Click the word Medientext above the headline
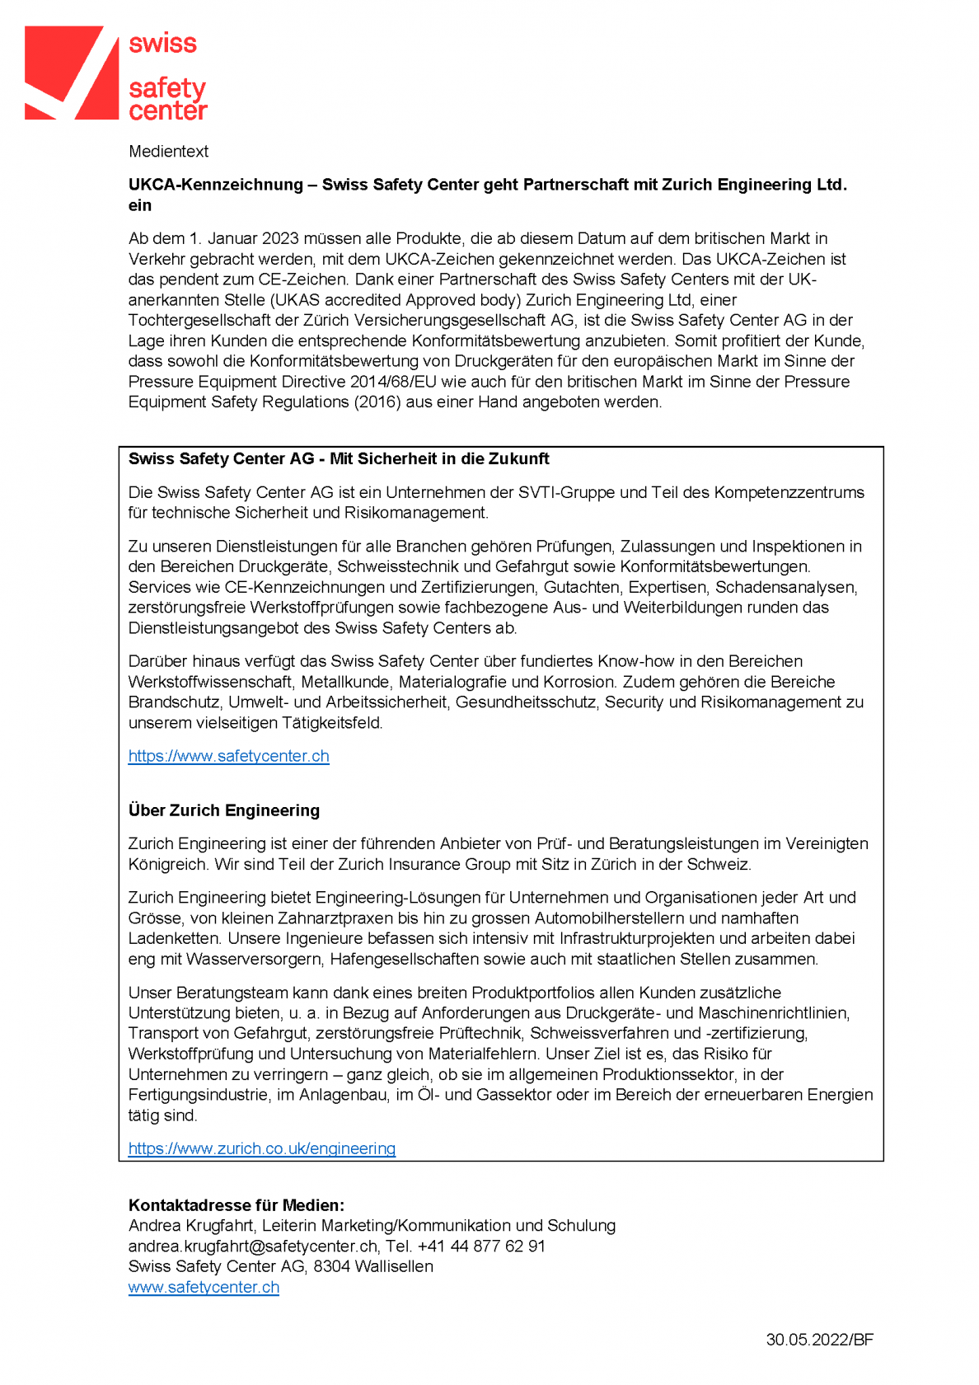tap(168, 152)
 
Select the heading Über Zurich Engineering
tap(223, 810)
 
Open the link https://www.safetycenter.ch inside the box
tap(228, 756)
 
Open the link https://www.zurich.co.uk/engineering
tap(261, 1148)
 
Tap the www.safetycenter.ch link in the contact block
tap(204, 1287)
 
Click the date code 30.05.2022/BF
tap(819, 1340)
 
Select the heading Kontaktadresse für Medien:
tap(236, 1205)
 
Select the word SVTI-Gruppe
tap(566, 492)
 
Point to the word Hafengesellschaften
tap(401, 959)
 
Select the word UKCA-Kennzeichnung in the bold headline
tap(215, 185)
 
